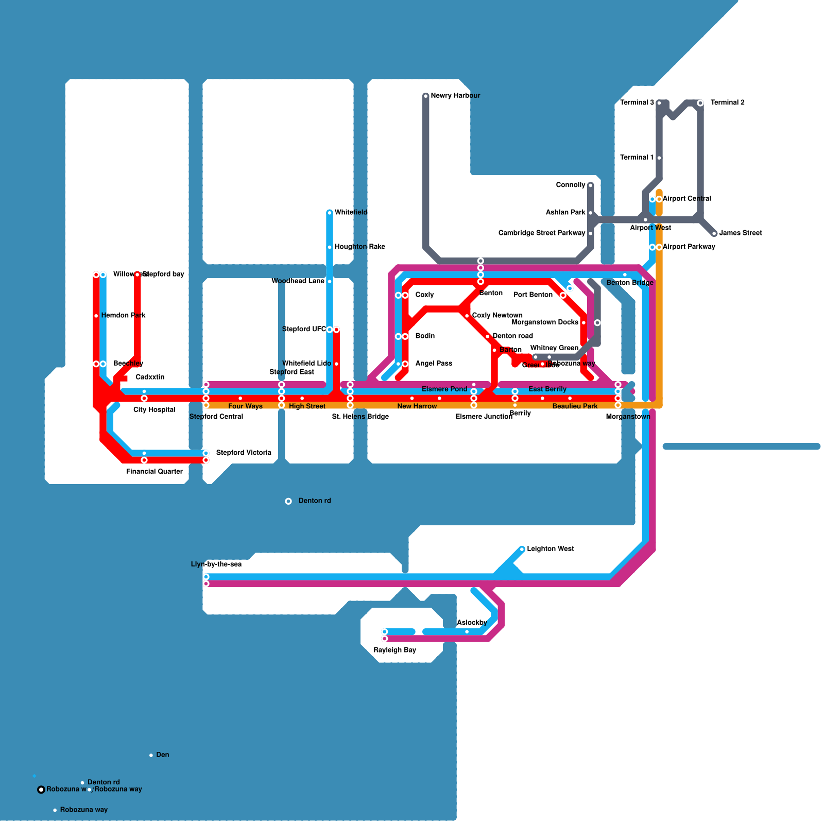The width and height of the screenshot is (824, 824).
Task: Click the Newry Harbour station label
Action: coord(455,96)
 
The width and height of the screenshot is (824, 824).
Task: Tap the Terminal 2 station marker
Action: coord(700,103)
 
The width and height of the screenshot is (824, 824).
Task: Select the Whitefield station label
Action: coord(351,212)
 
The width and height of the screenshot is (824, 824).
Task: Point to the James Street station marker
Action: coord(714,234)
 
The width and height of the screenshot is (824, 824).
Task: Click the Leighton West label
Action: coord(550,549)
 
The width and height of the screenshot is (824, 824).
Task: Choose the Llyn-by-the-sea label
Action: coord(216,564)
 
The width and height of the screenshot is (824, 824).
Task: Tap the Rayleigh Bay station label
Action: coord(394,650)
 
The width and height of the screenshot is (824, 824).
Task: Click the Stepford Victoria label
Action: coord(244,453)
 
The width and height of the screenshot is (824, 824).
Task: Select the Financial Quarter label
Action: coord(154,472)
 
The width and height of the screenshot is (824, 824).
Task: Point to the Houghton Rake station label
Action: coord(359,247)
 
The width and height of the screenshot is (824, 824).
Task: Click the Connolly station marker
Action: coord(591,185)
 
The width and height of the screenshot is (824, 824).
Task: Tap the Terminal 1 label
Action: coord(637,158)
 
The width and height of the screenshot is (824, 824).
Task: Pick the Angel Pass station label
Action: coord(434,364)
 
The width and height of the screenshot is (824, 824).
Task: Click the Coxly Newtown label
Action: coord(497,315)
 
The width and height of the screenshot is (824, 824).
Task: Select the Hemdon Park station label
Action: coord(123,315)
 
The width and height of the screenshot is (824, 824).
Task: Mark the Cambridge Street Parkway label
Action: coord(542,233)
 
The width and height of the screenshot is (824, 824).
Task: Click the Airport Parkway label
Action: coord(689,247)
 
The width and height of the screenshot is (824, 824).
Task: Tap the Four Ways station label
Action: coord(245,406)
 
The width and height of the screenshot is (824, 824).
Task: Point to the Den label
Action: coord(163,755)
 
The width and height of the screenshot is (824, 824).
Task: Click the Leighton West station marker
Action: coord(522,550)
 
